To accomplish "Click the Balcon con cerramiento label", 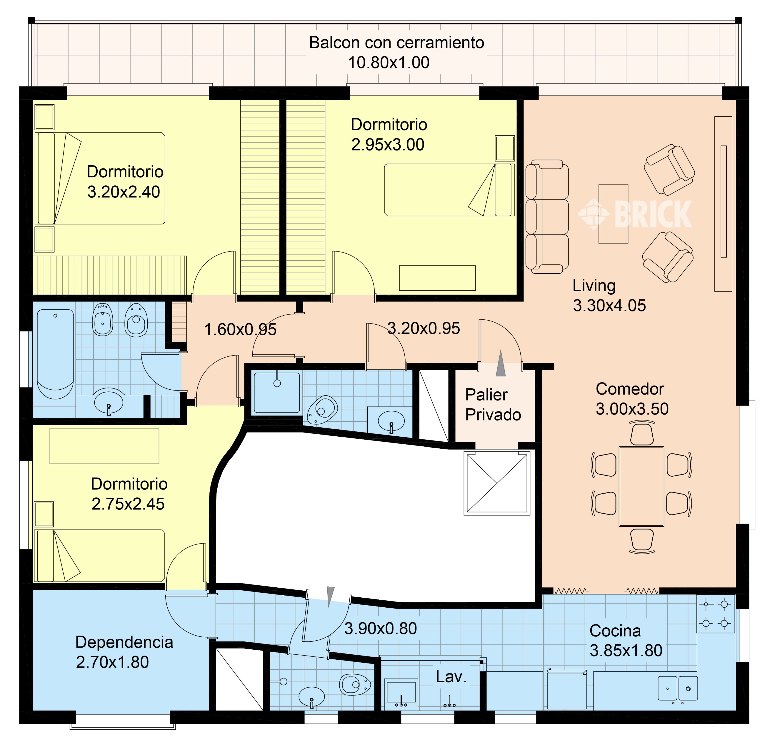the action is click(x=396, y=42).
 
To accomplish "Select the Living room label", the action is click(x=594, y=286).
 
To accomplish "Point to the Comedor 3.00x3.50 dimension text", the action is click(x=632, y=409).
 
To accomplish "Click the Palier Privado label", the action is click(x=493, y=405).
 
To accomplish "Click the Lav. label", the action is click(x=451, y=677).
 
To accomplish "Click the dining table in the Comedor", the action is click(x=642, y=486).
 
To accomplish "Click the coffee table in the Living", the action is click(x=613, y=214).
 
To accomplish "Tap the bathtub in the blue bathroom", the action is click(x=55, y=354).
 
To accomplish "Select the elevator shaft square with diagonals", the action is click(x=497, y=483).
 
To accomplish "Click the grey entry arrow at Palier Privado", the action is click(x=501, y=363).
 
